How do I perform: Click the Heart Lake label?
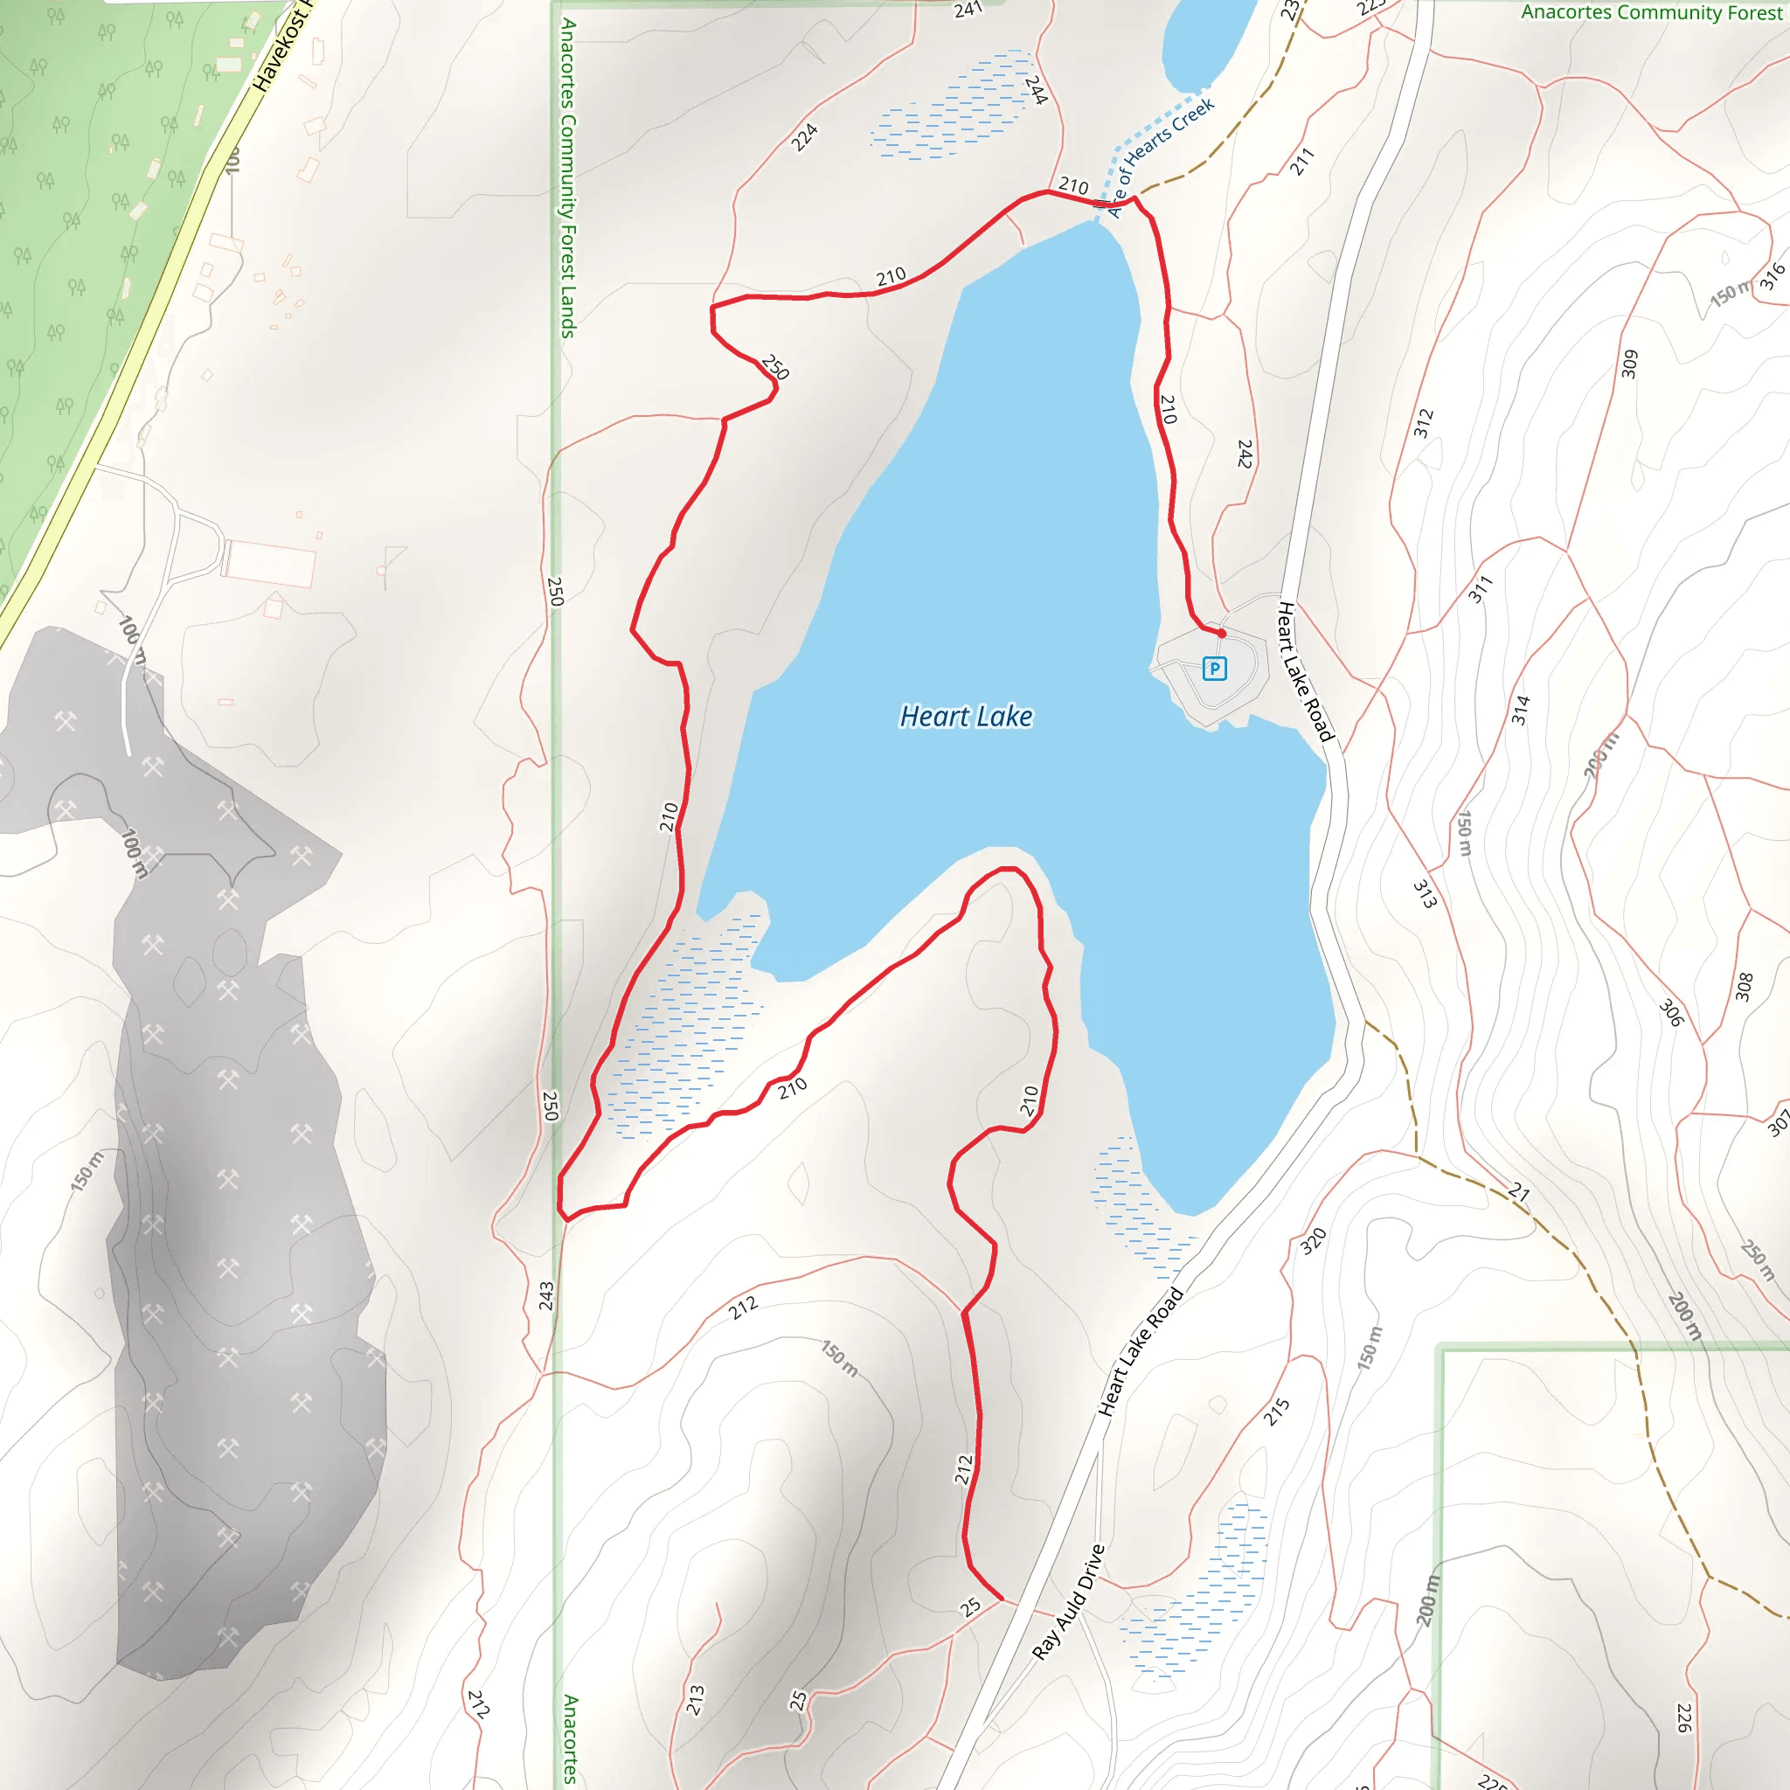[966, 716]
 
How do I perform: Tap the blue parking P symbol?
[1214, 668]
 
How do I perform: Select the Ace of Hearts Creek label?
[1160, 157]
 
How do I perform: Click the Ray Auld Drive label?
[1068, 1602]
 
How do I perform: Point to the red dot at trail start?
[1221, 634]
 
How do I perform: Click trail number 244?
[1036, 90]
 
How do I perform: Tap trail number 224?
[804, 137]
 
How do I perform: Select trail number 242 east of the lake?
[1245, 454]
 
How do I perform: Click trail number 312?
[1423, 422]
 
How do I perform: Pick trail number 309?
[1630, 364]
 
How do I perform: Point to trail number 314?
[1521, 710]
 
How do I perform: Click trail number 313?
[1425, 893]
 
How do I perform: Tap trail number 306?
[1670, 1013]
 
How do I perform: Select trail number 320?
[1313, 1240]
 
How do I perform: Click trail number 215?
[1277, 1412]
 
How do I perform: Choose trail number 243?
[545, 1295]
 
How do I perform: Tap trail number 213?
[696, 1700]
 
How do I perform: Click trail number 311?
[1481, 588]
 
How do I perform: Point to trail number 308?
[1745, 987]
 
